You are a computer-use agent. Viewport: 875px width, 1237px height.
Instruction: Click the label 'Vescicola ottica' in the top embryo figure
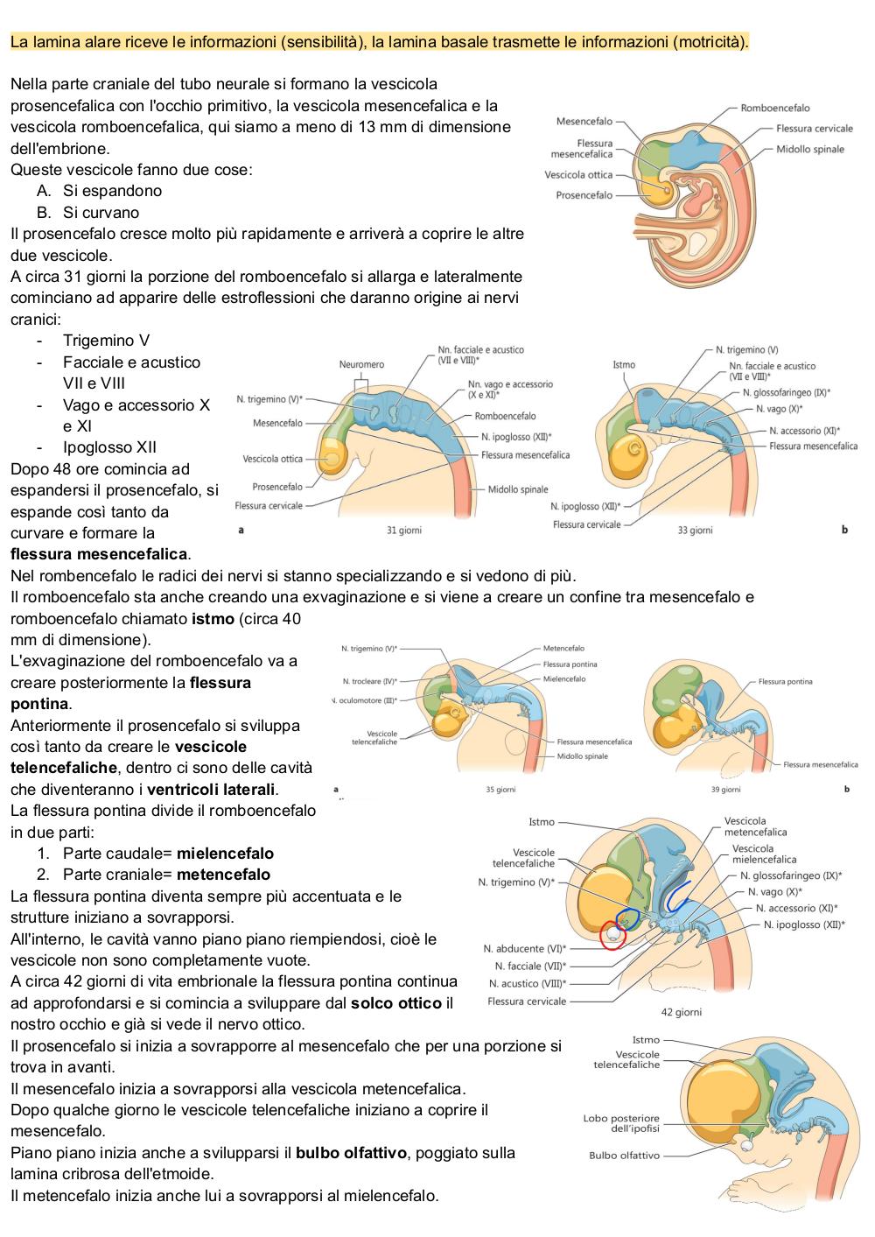(578, 175)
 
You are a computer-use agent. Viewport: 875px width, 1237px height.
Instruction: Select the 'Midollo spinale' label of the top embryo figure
(810, 149)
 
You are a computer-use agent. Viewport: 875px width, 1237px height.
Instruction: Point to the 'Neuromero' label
(361, 364)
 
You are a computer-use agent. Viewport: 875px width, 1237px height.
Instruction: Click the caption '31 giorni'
(403, 531)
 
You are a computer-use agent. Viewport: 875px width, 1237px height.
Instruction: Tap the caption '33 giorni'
(695, 531)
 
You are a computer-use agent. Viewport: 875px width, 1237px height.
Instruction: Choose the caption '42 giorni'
(682, 1012)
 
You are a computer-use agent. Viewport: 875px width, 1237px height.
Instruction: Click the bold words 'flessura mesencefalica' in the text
(99, 554)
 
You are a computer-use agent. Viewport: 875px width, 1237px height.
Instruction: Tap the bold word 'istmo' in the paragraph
(213, 618)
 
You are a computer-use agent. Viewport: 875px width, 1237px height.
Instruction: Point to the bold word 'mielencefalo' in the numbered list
(225, 854)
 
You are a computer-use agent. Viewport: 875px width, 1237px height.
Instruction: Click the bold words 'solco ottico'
(396, 1003)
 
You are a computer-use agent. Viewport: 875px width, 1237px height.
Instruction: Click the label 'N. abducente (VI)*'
(524, 949)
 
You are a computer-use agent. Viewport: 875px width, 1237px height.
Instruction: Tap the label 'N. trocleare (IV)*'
(370, 681)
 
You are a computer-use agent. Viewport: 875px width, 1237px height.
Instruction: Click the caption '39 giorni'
(726, 790)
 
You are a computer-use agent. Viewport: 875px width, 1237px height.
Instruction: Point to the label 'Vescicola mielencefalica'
(764, 854)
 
